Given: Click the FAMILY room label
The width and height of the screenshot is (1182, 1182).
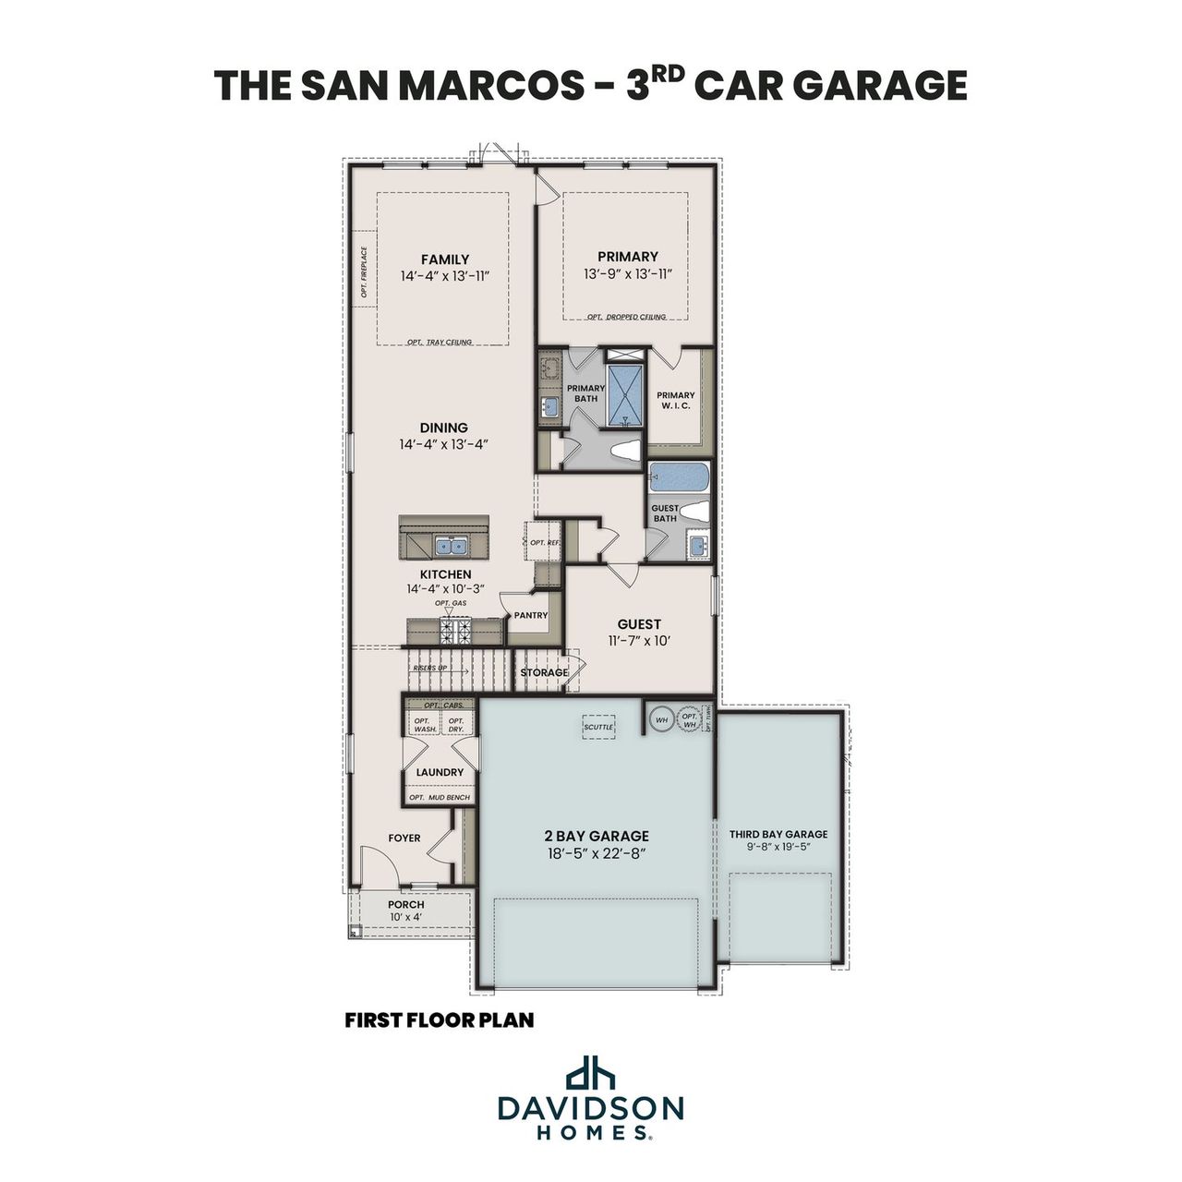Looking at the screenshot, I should pos(444,259).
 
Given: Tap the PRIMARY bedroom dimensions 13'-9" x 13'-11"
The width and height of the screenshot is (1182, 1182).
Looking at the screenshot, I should pos(627,275).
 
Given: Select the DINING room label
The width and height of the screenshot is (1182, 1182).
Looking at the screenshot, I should pos(443,428).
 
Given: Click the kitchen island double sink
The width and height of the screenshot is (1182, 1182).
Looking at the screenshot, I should pos(452,546).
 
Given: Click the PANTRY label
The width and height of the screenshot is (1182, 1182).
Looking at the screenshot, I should pos(531,615).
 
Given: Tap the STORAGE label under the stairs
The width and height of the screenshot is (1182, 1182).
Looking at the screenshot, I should pos(544,672).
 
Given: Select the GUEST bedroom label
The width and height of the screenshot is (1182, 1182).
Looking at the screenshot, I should pos(639,624).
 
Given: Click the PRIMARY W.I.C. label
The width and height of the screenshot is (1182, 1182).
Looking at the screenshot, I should pos(676,401).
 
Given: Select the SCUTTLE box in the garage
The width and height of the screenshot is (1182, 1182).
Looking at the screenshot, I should pos(598,727).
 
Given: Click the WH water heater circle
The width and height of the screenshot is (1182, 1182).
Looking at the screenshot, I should pos(661,719).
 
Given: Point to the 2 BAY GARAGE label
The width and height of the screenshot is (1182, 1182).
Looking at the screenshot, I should pos(596,836).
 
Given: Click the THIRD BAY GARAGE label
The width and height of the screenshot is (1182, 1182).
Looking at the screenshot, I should pos(778,834).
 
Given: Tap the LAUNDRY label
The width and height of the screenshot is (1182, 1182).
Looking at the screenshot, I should pos(440,772).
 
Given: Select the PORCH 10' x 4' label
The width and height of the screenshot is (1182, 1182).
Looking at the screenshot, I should pos(405,911).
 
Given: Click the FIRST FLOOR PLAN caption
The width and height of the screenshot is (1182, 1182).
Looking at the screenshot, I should pos(440,1020).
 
